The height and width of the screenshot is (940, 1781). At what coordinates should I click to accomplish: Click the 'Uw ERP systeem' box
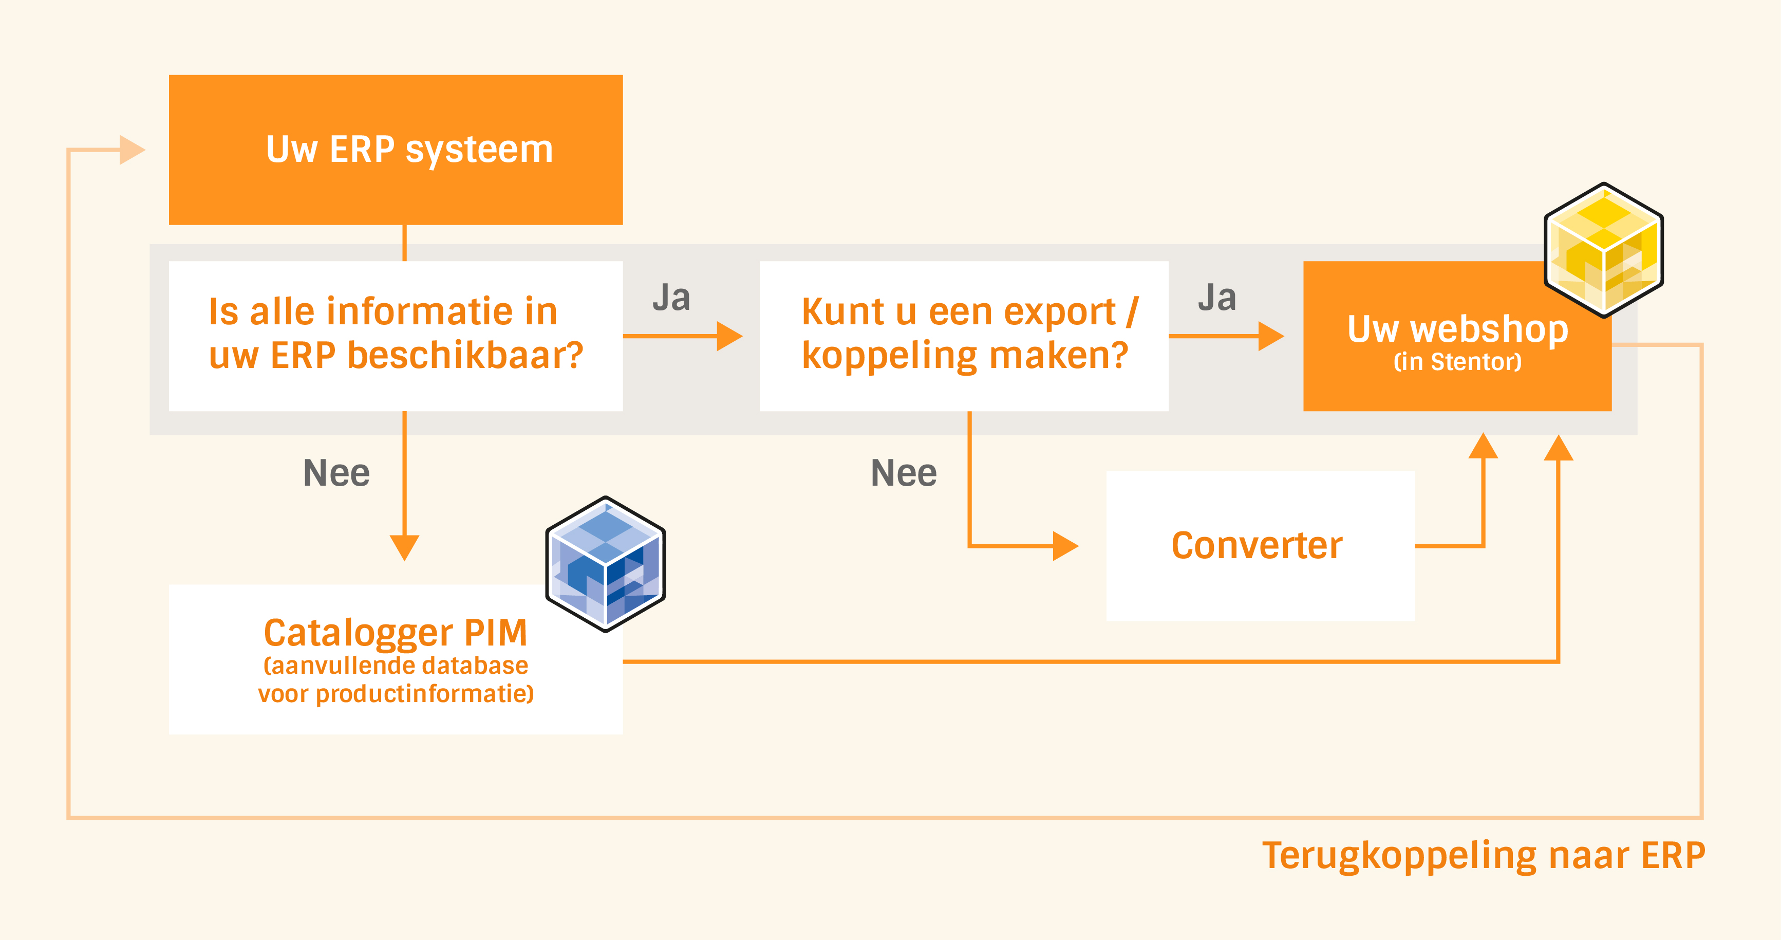[396, 150]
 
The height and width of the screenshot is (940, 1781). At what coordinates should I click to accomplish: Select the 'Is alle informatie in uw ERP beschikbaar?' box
[396, 336]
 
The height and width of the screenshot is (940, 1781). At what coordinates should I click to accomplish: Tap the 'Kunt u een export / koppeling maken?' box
[964, 336]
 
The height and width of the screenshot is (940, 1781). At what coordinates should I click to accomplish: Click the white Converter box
[1260, 546]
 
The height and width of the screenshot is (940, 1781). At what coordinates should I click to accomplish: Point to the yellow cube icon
[1603, 250]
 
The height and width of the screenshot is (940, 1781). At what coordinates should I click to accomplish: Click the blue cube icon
[606, 564]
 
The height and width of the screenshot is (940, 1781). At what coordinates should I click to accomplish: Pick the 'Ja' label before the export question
[671, 298]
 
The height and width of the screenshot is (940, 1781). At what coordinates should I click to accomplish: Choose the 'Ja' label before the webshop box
[1217, 298]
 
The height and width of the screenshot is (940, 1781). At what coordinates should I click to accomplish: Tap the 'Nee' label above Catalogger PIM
[336, 473]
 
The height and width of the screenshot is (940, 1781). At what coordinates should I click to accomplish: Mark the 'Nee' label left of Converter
[904, 473]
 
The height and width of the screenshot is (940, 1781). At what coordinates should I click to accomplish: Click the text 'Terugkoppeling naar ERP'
[1484, 856]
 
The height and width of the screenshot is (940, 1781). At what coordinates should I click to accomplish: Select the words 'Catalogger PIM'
[396, 632]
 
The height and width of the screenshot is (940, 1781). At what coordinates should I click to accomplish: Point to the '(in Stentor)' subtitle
[1457, 362]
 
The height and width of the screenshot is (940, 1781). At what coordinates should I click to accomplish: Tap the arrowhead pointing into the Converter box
[1065, 546]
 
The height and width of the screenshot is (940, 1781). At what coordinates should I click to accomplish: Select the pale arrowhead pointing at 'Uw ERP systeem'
[132, 150]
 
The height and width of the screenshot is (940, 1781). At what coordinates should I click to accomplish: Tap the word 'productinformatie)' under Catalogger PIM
[424, 694]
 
